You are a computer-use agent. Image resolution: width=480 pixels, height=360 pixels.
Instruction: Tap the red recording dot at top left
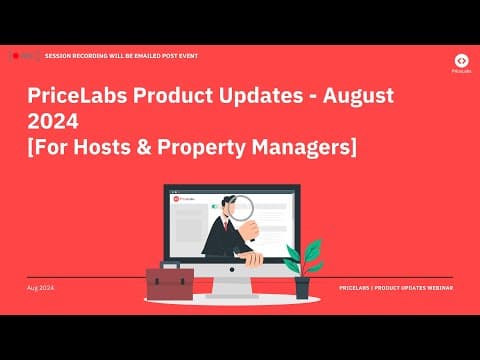(15, 56)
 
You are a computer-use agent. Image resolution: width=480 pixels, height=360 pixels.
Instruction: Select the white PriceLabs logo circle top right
(460, 60)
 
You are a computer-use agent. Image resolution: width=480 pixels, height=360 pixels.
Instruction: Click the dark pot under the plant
(302, 288)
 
